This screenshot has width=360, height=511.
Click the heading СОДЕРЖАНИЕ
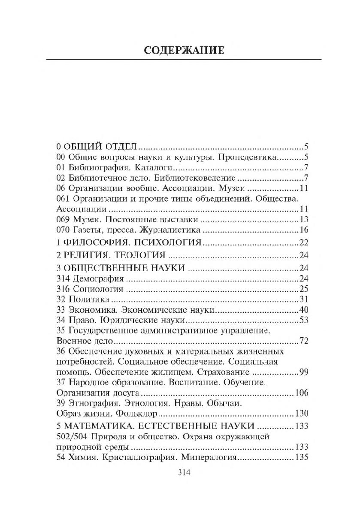point(183,50)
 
